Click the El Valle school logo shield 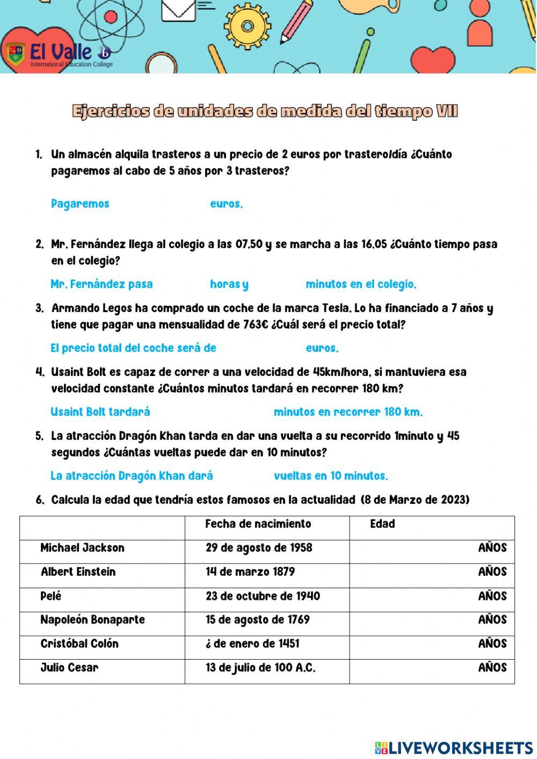16,54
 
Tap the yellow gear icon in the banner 247,25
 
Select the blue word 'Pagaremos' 80,204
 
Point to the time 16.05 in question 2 374,244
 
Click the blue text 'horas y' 229,284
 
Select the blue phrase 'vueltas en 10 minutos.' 331,476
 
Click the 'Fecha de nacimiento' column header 258,524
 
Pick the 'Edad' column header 382,524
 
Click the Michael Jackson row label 83,548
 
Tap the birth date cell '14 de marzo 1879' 250,572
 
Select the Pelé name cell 51,596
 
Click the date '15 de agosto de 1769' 258,619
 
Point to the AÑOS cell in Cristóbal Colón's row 492,644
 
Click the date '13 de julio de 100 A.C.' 260,668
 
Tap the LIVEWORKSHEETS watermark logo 454,748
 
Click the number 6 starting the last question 40,500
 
